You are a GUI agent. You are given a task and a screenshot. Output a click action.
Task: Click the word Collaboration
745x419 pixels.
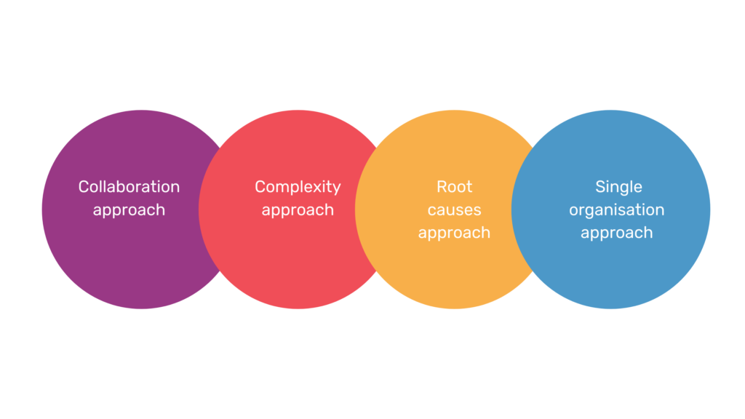pos(129,187)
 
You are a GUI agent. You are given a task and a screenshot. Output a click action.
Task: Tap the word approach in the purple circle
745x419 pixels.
pos(129,210)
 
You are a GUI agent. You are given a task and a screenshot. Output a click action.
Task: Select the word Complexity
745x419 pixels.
pos(298,187)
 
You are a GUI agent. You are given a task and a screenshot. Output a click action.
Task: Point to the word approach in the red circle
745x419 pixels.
pos(298,210)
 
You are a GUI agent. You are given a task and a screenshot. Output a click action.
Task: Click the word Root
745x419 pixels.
pos(454,187)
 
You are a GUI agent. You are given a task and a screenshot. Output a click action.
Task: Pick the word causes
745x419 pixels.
pos(454,210)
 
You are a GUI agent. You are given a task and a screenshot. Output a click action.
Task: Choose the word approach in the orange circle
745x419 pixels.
pos(454,234)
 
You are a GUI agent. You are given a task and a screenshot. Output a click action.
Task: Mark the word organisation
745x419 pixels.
pos(617,210)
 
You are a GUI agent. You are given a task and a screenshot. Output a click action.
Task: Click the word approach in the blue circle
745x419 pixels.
pos(617,234)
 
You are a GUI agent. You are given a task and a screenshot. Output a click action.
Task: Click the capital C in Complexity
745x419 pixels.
pos(260,187)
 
